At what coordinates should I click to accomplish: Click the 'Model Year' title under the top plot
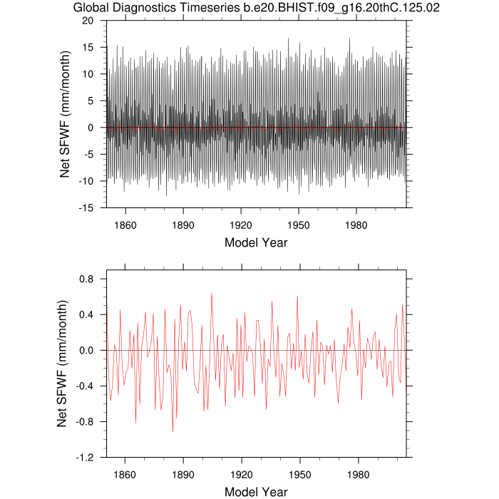(256, 242)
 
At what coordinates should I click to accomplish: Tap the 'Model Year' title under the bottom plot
(256, 492)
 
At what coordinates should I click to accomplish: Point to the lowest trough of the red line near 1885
(173, 432)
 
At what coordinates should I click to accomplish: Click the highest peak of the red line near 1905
(211, 294)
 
